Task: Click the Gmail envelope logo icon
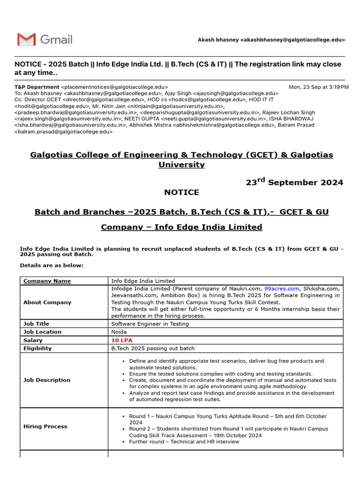pyautogui.click(x=26, y=39)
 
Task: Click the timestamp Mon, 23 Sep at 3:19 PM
pyautogui.click(x=318, y=87)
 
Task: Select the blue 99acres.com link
pyautogui.click(x=281, y=288)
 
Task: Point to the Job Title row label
pyautogui.click(x=36, y=323)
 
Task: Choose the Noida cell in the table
pyautogui.click(x=119, y=332)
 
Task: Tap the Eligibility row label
pyautogui.click(x=37, y=348)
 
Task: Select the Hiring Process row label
pyautogui.click(x=45, y=426)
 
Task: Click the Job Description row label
pyautogui.click(x=47, y=380)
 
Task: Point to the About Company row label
pyautogui.click(x=47, y=302)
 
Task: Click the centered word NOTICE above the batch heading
pyautogui.click(x=181, y=192)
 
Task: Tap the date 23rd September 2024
pyautogui.click(x=294, y=182)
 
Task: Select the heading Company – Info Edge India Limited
pyautogui.click(x=181, y=227)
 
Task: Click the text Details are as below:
pyautogui.click(x=52, y=265)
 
